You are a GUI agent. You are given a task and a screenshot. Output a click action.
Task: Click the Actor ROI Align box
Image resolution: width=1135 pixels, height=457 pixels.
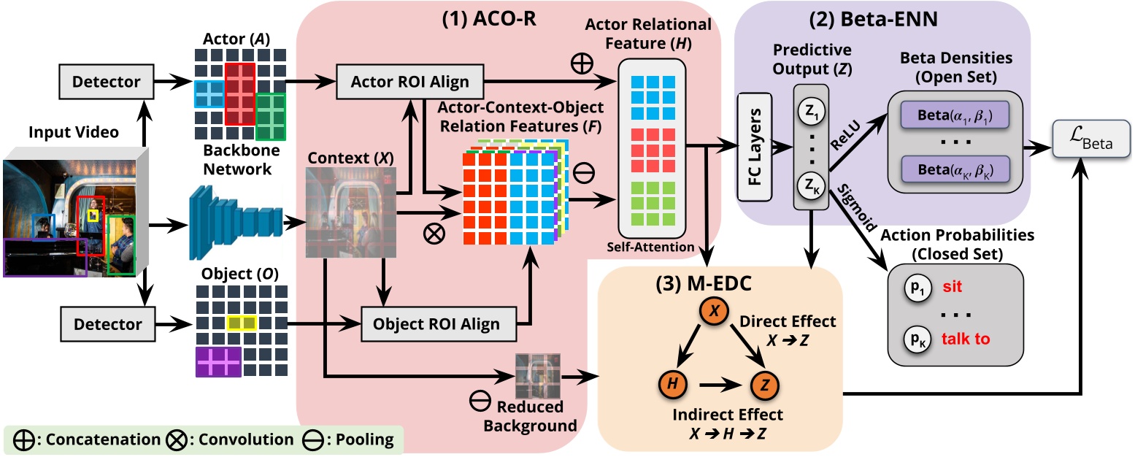coord(411,82)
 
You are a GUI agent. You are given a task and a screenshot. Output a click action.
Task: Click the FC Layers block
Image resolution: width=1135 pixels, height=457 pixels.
coord(755,147)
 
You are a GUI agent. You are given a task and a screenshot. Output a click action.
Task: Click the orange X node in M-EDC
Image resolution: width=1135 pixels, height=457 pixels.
coord(715,311)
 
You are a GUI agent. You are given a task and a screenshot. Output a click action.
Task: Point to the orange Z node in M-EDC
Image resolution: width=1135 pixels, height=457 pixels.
coord(763,382)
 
